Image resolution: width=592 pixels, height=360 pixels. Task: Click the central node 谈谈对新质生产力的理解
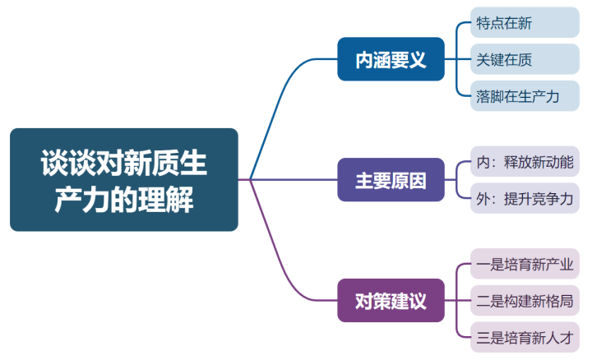pos(123,179)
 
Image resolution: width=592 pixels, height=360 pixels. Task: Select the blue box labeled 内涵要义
pos(391,59)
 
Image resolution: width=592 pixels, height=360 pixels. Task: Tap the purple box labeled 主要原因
pos(391,180)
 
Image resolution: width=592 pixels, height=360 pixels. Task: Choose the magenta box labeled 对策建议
pos(391,300)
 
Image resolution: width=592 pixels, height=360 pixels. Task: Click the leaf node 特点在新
pos(525,23)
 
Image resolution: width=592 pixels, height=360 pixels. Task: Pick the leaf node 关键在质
pos(525,59)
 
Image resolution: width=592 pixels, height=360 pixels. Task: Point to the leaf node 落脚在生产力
pos(525,95)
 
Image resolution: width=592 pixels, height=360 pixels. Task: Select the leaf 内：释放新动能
pos(525,161)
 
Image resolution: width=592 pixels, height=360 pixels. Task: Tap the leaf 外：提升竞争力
pos(525,198)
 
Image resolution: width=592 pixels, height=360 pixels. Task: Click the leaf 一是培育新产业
pos(525,265)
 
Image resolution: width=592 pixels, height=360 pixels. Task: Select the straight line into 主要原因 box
pos(296,179)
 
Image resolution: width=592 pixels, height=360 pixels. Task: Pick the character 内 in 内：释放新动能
pos(483,161)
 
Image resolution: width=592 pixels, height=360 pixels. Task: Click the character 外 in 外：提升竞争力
pos(483,198)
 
